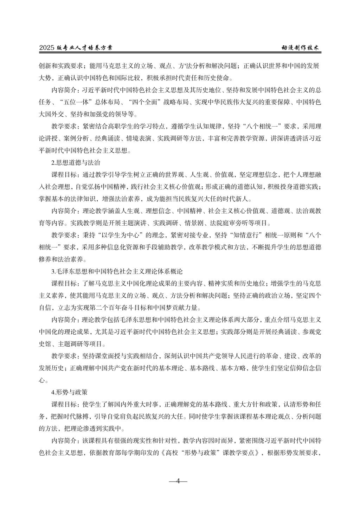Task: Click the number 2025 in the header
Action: tap(47, 48)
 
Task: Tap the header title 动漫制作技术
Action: tap(301, 48)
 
